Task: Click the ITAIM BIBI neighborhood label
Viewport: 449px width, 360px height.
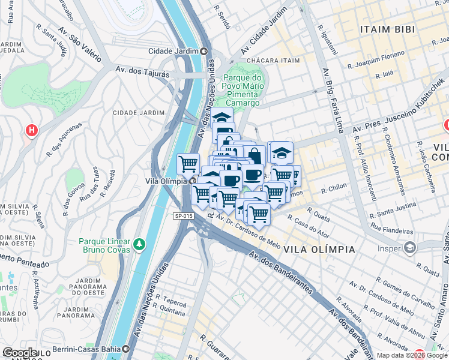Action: [x=389, y=29]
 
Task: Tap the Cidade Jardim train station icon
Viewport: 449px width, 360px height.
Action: [x=203, y=51]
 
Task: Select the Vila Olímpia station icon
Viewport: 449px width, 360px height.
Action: [x=193, y=181]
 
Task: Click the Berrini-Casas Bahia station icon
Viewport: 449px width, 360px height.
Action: [x=126, y=349]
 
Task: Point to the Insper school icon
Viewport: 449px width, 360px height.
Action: [x=409, y=247]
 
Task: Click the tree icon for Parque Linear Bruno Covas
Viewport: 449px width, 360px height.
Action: [x=139, y=244]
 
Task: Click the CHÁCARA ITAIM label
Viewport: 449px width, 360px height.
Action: [x=273, y=61]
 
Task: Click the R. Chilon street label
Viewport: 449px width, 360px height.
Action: [x=334, y=188]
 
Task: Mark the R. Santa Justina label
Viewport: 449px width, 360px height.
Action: [x=393, y=213]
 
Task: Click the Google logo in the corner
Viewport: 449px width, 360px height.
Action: [x=20, y=353]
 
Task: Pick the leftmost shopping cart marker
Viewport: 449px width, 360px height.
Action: [x=188, y=163]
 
